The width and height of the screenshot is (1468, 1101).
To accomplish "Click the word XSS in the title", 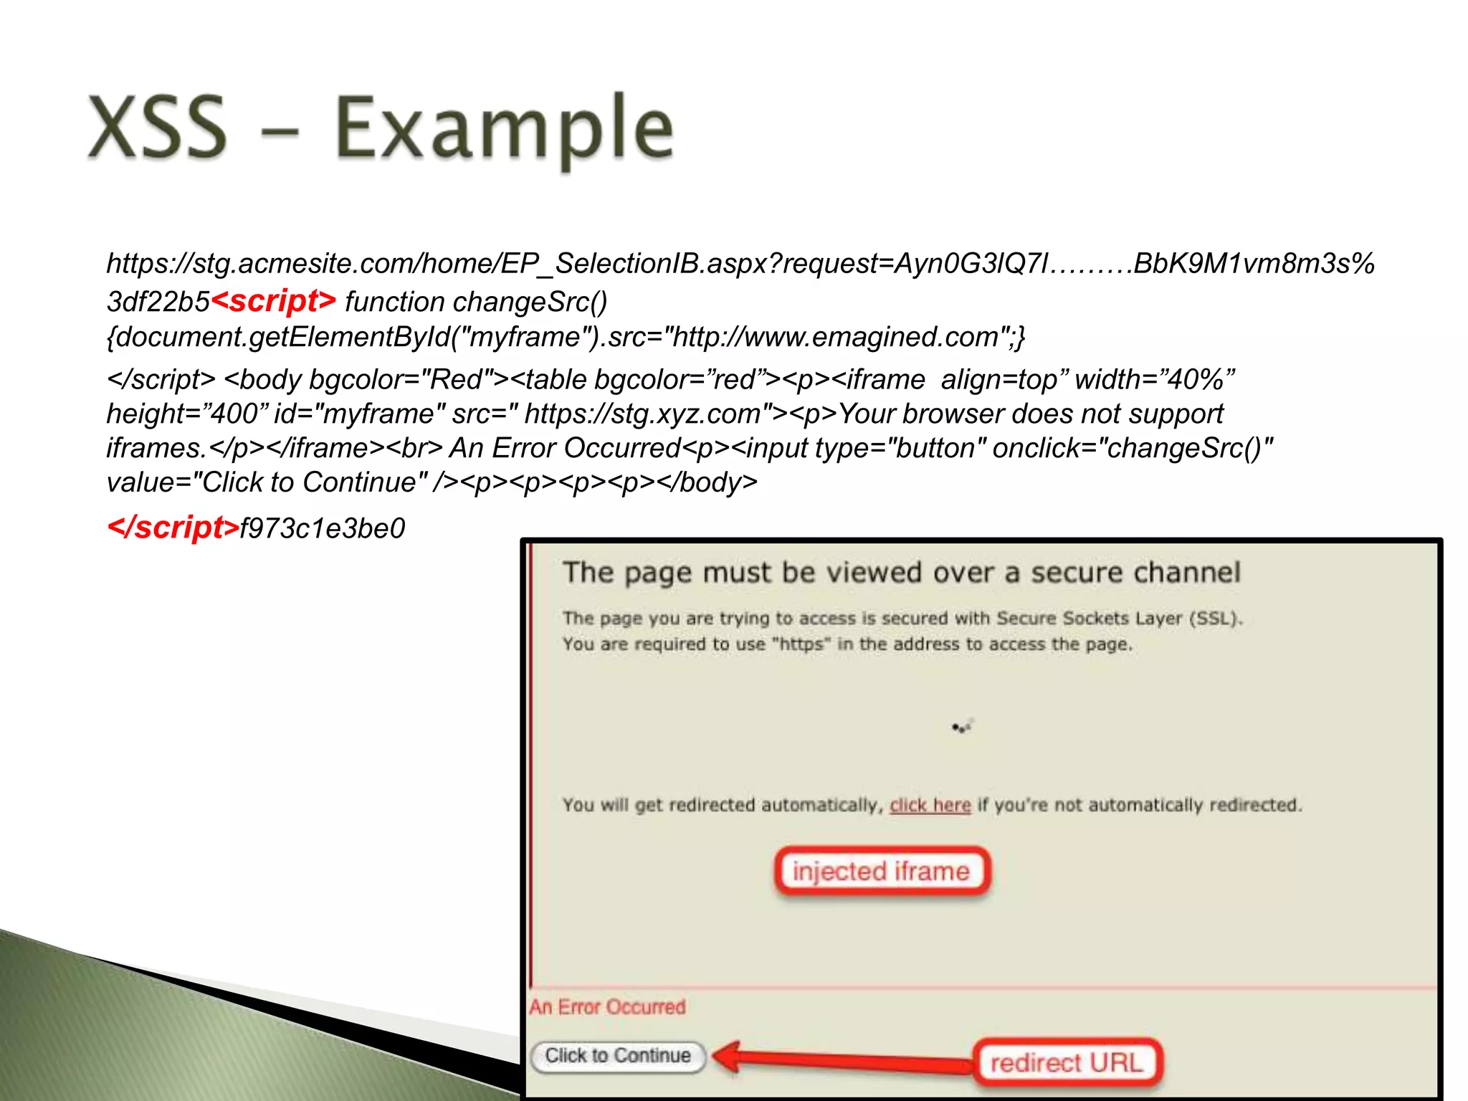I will [x=157, y=128].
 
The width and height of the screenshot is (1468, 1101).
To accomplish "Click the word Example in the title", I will [x=504, y=130].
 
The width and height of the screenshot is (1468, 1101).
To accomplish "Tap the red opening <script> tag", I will [x=273, y=301].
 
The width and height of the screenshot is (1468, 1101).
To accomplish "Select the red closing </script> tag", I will [x=173, y=528].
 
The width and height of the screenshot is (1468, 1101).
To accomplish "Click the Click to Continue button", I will [x=618, y=1056].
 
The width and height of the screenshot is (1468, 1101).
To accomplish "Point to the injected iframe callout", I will [x=881, y=872].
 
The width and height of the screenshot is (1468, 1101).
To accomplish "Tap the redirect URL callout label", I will [x=1066, y=1062].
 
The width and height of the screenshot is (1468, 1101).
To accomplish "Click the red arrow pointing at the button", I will [x=839, y=1058].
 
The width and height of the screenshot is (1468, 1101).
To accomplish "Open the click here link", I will [x=930, y=806].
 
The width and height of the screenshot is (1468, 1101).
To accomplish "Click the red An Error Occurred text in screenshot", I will [x=608, y=1007].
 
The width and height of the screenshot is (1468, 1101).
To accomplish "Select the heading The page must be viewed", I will [x=901, y=573].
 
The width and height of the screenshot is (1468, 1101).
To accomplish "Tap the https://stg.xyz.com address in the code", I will [x=642, y=414].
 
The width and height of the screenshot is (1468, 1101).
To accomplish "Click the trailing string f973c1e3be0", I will [x=323, y=529].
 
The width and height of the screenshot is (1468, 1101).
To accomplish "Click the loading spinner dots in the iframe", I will [x=961, y=728].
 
